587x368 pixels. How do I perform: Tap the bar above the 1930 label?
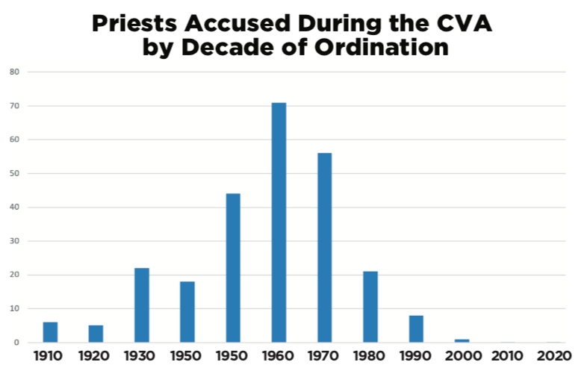142,305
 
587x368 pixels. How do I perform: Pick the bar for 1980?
370,307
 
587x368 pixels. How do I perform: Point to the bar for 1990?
416,329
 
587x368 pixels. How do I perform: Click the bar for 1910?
50,332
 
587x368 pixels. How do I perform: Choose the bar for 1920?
96,334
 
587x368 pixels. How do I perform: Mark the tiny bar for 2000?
462,340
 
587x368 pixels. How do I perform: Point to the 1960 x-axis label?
279,356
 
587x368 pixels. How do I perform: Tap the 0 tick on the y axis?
16,343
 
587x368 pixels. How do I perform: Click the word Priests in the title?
135,24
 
